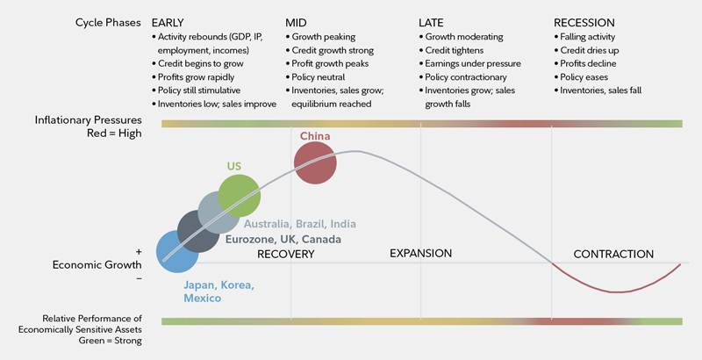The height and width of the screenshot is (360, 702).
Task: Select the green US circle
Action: [x=240, y=195]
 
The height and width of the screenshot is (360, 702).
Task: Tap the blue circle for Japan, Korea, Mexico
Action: [x=179, y=252]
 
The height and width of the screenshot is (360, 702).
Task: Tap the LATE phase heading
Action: [x=433, y=22]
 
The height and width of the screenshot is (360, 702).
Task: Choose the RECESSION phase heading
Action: [x=584, y=22]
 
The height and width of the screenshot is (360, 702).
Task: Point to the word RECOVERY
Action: [x=285, y=254]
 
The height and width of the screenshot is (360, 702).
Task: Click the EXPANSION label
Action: [x=420, y=254]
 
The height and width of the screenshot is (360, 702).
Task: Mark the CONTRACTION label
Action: [x=613, y=255]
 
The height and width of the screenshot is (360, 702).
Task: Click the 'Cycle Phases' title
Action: [x=105, y=22]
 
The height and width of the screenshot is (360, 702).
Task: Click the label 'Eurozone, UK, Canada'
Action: [x=283, y=240]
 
